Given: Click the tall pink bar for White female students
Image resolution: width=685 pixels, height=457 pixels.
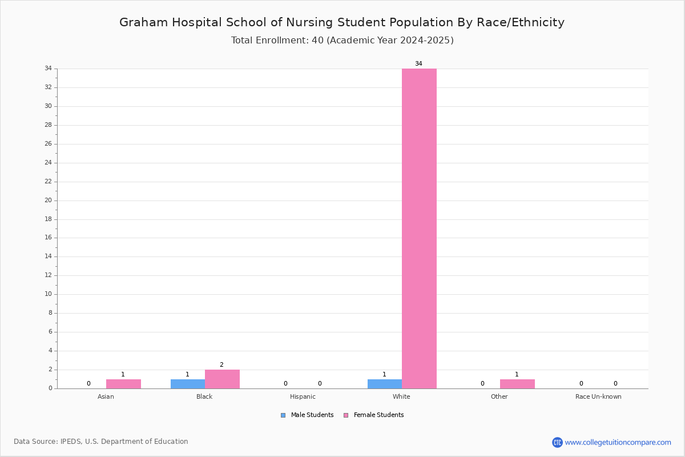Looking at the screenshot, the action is (419, 228).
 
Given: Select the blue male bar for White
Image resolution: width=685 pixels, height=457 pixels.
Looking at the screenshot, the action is (385, 384).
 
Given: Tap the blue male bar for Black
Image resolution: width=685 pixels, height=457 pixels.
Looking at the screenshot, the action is (188, 384).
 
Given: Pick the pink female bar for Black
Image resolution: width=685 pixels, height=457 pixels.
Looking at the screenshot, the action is (222, 379).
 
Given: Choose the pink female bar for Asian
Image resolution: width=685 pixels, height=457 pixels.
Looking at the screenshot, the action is (123, 384).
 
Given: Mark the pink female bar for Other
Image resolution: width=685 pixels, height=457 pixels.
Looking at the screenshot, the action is (517, 384).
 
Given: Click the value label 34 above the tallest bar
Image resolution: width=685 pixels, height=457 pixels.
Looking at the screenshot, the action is (418, 63).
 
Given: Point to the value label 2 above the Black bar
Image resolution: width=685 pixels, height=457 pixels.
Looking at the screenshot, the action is (221, 364).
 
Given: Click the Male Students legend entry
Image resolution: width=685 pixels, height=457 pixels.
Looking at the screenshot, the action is (307, 415).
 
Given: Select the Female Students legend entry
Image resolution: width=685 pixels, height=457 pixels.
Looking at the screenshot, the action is (374, 415).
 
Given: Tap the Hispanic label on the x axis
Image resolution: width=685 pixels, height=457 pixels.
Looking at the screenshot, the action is (303, 396).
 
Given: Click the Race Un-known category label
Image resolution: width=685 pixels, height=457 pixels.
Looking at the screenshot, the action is (598, 396).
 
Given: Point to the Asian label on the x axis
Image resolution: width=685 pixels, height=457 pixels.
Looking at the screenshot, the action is (106, 396).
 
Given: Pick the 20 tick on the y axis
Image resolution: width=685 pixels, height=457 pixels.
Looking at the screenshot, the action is (49, 200).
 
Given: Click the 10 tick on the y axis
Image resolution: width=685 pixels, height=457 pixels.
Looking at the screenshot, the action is (49, 294).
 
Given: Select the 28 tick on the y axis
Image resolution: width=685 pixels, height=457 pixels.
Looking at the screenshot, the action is (49, 125).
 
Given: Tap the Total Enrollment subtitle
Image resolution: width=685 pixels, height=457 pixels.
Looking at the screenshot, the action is (342, 40).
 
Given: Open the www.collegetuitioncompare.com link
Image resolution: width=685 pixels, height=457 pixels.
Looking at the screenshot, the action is (618, 442).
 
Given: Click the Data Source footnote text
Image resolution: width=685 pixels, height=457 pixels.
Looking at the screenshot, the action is (101, 442).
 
